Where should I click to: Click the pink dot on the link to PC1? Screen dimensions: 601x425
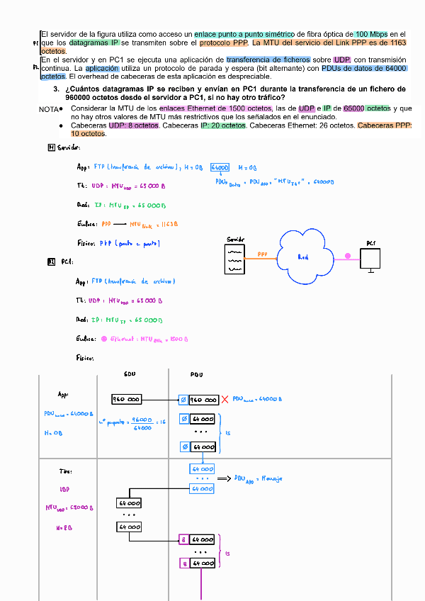coord(347,256)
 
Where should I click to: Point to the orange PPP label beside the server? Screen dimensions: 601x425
coord(262,253)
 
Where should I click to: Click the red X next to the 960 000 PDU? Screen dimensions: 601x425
coord(225,400)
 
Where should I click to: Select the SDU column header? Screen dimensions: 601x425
coord(130,374)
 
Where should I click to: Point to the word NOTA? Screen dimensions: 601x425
coord(49,109)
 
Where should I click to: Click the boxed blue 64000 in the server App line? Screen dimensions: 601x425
coord(220,167)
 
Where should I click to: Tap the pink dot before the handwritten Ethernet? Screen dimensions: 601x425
coord(104,339)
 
